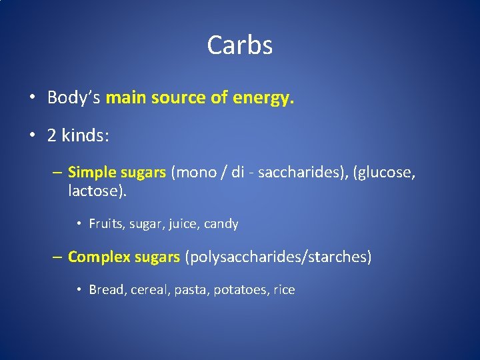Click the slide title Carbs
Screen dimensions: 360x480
239,45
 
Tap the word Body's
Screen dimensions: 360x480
73,98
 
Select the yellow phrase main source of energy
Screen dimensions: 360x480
199,98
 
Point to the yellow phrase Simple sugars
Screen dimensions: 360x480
117,173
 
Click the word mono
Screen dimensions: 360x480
194,173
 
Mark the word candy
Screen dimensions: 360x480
221,224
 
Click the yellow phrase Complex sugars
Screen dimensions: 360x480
124,257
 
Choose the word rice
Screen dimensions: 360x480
284,290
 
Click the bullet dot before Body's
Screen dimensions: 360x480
32,99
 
